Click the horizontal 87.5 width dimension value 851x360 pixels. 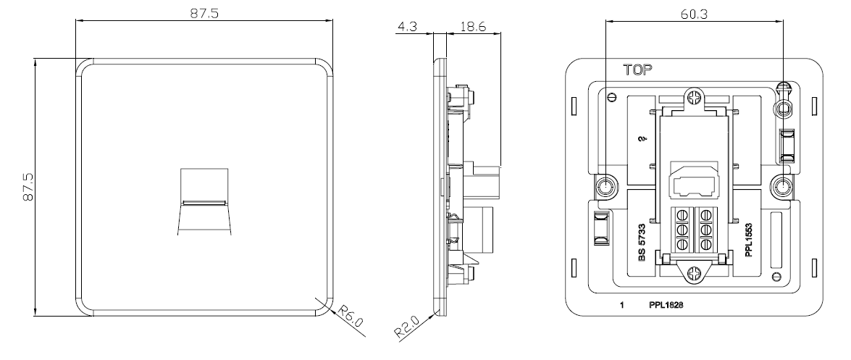204,13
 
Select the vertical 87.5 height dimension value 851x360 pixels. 28,188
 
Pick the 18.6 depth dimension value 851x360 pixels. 472,27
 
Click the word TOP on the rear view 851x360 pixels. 638,70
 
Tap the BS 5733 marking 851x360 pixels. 642,243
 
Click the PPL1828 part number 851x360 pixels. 666,305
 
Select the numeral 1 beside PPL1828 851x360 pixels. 622,305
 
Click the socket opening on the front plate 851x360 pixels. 204,201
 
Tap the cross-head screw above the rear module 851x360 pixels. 693,98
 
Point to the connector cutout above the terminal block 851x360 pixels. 694,180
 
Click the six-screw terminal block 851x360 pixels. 693,229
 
